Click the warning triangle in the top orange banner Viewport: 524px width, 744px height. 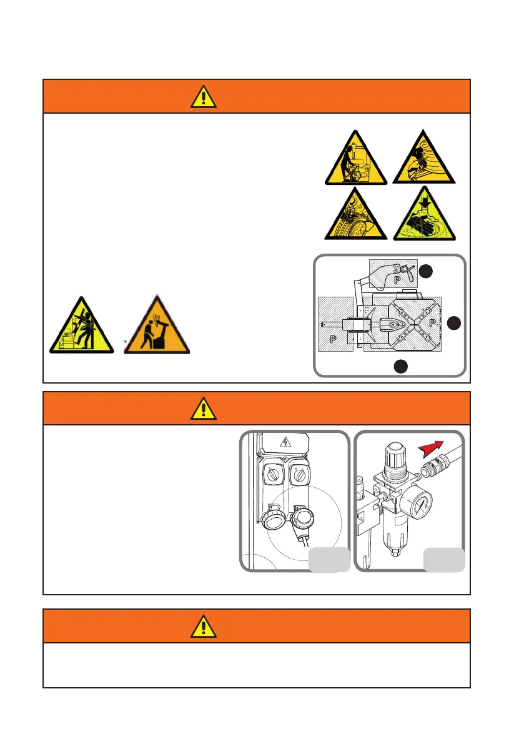(x=204, y=96)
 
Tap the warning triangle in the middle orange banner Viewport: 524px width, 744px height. (x=204, y=408)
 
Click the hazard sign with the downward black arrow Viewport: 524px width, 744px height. (x=425, y=215)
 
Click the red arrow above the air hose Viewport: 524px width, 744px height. (x=429, y=448)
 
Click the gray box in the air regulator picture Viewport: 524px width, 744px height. (x=443, y=560)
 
